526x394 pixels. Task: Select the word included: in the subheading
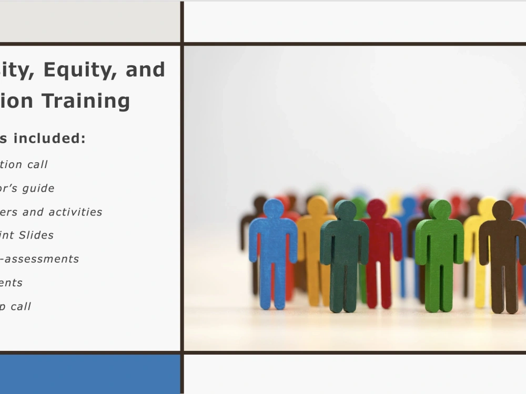(x=49, y=138)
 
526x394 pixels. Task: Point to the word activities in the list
(x=76, y=212)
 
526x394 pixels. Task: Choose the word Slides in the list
(x=36, y=235)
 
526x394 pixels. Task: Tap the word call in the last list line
(x=21, y=306)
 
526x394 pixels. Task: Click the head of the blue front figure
(x=273, y=208)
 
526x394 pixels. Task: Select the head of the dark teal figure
(x=345, y=210)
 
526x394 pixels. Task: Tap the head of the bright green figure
(x=440, y=209)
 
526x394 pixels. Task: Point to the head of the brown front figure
(x=502, y=210)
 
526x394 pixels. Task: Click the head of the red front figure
(x=377, y=208)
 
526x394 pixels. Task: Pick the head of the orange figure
(x=317, y=205)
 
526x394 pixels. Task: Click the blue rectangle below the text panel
(x=89, y=374)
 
